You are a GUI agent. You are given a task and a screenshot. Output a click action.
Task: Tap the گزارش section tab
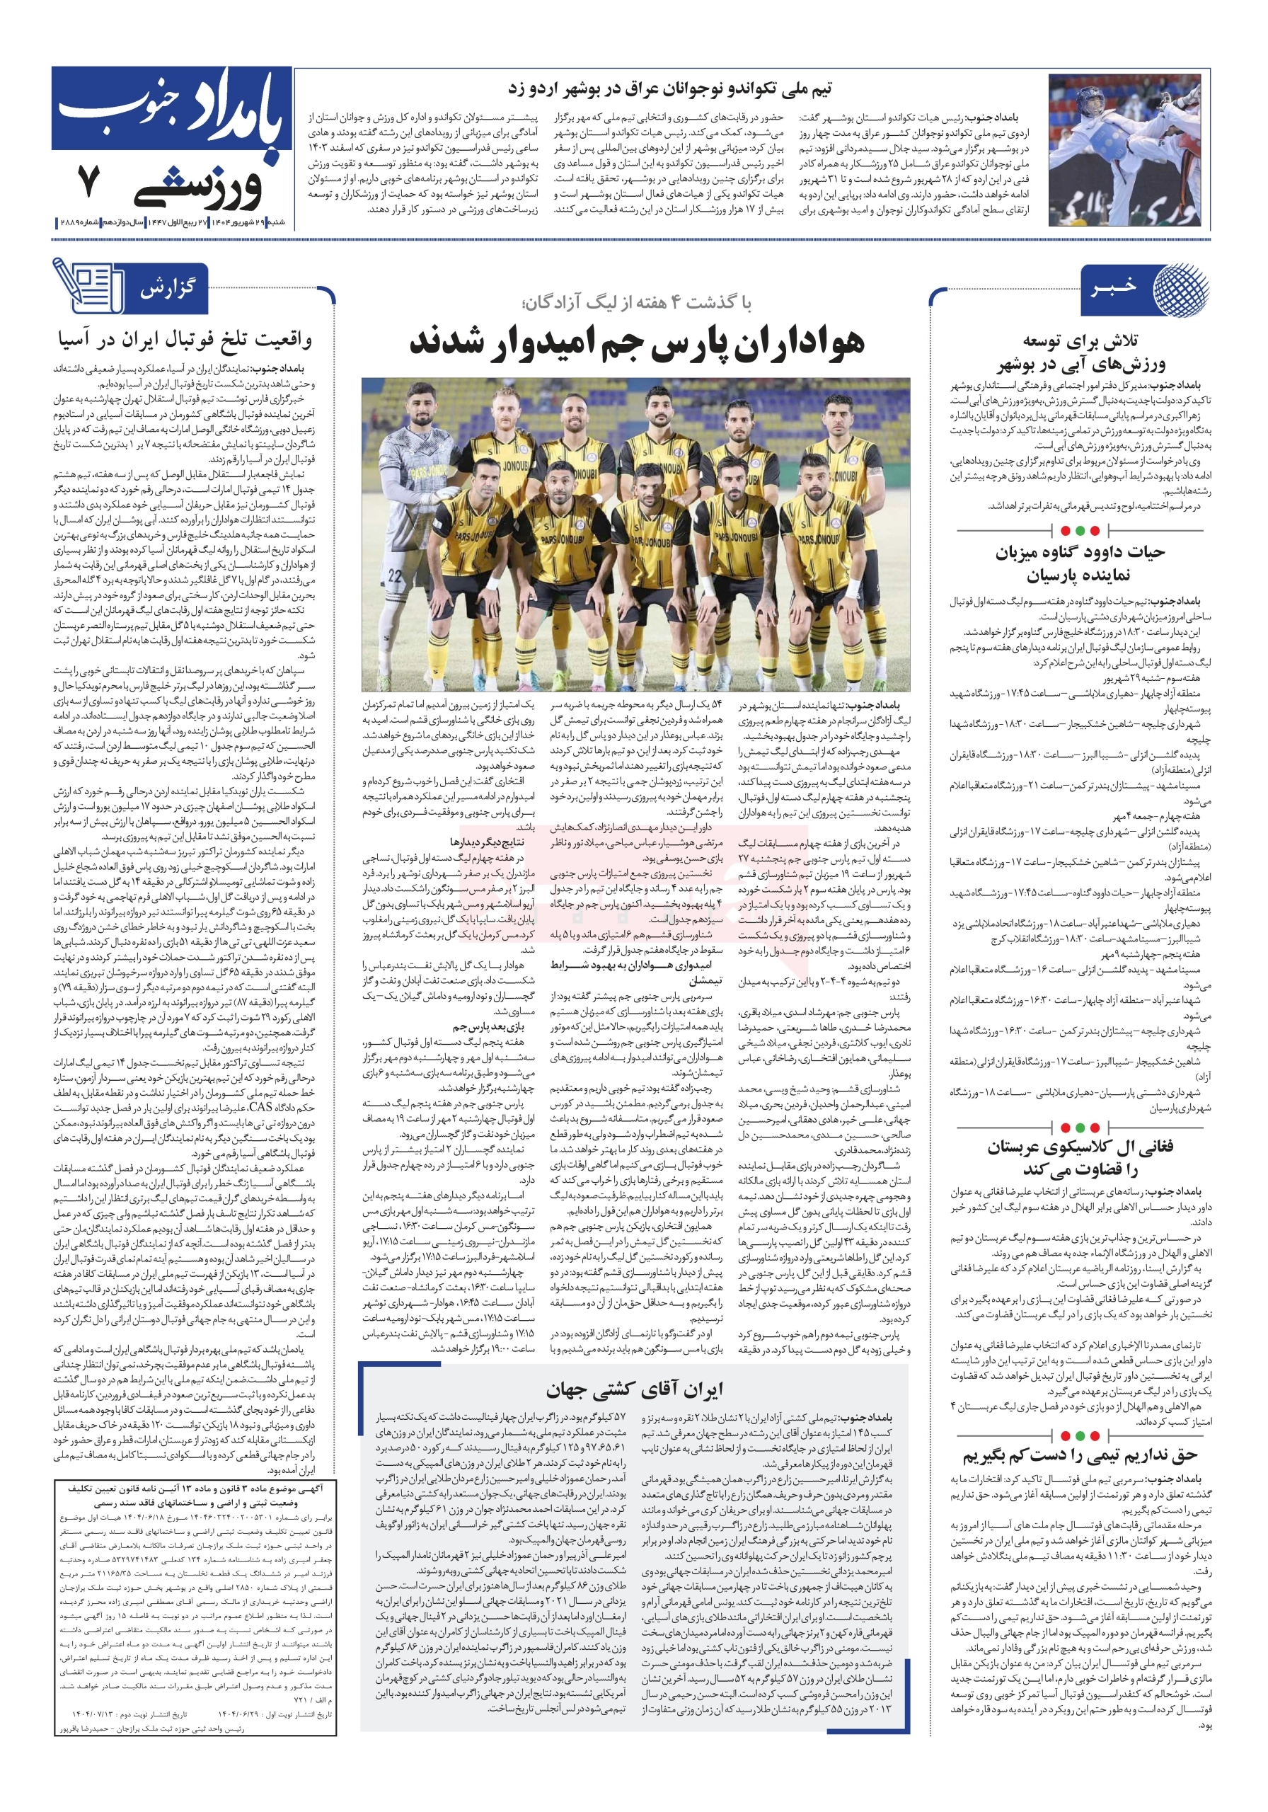click(166, 288)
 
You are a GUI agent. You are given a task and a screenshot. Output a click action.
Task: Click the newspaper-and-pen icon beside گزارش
click(86, 286)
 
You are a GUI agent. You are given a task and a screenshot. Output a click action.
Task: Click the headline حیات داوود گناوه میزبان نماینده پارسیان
click(1078, 562)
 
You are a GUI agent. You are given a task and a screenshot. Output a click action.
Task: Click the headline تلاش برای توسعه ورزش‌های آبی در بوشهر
click(1078, 352)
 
